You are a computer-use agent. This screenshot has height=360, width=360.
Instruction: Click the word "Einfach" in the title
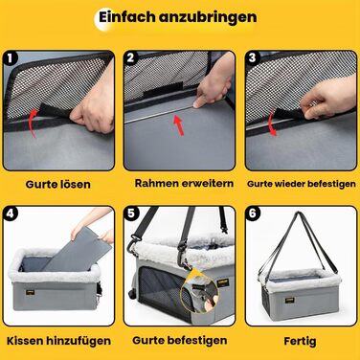point(127,16)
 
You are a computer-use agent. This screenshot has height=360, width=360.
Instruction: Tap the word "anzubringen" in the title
point(208,18)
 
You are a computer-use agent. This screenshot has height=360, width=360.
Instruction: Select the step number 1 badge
point(11,58)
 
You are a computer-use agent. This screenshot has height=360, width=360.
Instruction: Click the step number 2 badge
point(130,57)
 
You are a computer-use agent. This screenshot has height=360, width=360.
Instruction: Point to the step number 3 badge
point(253,57)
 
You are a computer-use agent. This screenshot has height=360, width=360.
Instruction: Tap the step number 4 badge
point(11,214)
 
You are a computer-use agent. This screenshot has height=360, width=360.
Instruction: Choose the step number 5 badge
point(131,214)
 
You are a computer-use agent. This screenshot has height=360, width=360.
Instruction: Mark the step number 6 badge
point(253,214)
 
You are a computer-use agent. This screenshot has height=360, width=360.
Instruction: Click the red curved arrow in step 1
point(32,123)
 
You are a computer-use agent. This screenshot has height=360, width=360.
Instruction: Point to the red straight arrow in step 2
point(178,125)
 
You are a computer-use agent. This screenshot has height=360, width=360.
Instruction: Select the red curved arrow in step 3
point(272,122)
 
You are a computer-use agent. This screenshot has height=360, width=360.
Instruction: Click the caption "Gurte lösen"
point(58,184)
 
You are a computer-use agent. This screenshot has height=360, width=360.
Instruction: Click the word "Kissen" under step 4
point(25,341)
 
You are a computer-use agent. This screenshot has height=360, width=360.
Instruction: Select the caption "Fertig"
point(300,341)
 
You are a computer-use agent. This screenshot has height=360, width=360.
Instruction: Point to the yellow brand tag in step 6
point(290,300)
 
